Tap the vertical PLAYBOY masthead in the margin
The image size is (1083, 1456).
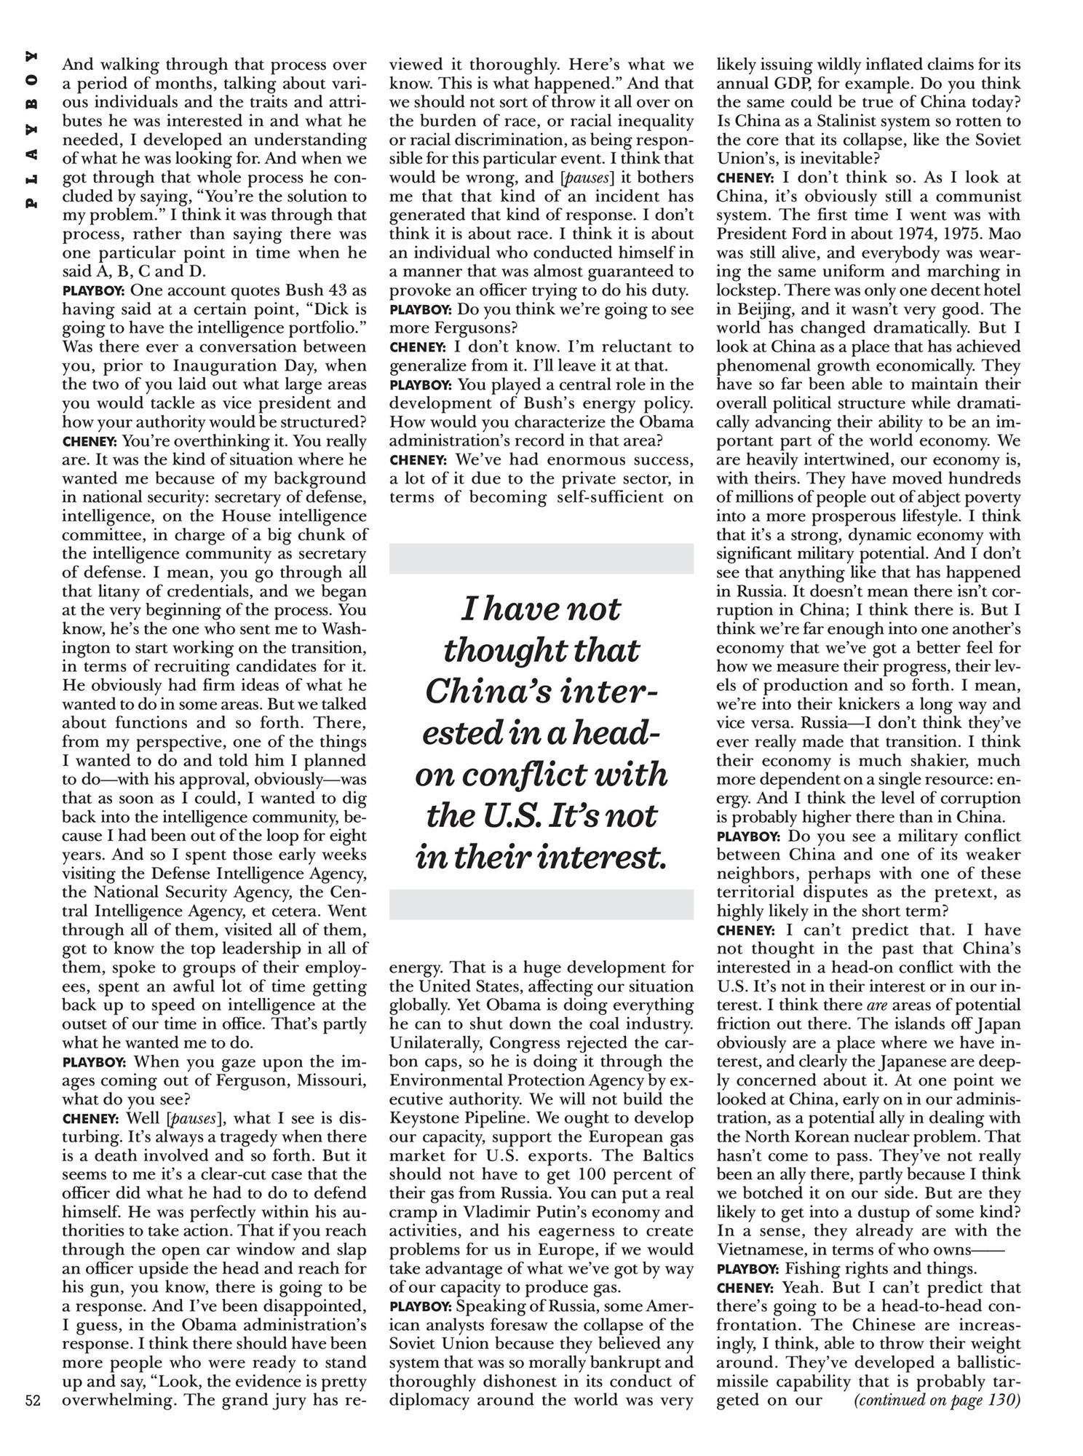(31, 131)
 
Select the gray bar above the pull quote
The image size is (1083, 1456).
(541, 558)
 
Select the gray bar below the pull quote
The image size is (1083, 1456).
(541, 903)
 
